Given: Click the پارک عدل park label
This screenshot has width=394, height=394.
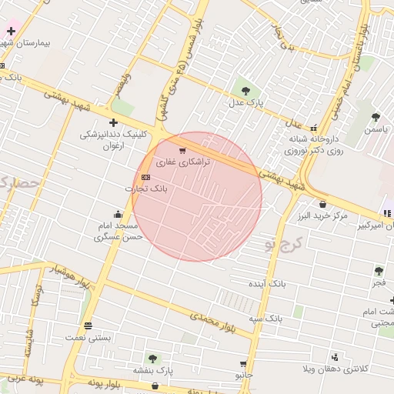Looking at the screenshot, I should pos(249,102).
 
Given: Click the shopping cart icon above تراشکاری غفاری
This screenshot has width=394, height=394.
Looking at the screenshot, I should pos(182,151).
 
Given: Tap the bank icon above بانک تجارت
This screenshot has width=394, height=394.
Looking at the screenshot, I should pos(146,177).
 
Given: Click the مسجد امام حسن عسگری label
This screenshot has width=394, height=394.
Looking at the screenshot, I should pos(119,232).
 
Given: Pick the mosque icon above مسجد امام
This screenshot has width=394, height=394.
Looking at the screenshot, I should pos(118,214).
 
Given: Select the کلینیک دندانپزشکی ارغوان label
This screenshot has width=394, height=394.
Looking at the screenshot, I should pos(112,139).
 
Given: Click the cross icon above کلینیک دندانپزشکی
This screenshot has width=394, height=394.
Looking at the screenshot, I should pos(113,122).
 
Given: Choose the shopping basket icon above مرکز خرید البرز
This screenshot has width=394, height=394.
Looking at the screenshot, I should pos(322,204).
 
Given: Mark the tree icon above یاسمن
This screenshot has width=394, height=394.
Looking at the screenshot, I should pos(376,117).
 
